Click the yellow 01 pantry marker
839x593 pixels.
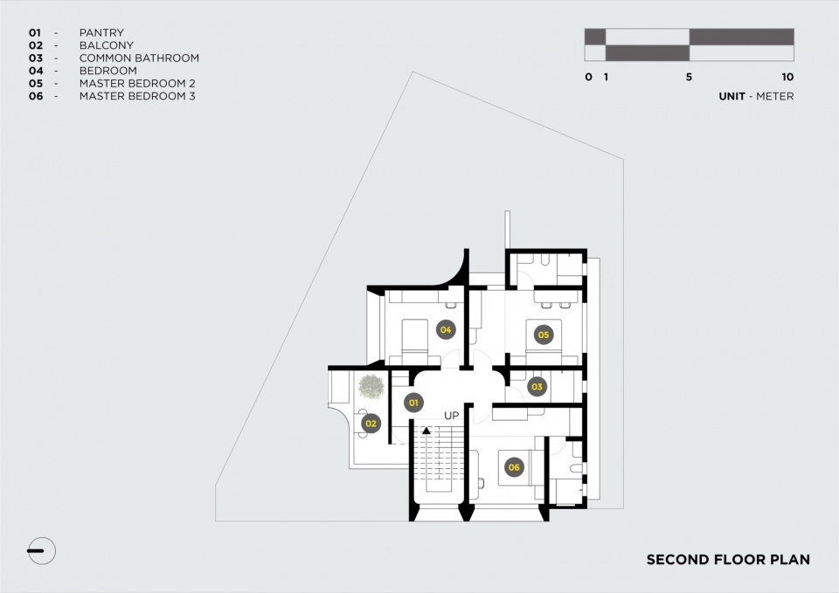413,403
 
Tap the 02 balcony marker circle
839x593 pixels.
371,424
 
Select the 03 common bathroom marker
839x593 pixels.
537,387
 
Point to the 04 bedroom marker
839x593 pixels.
446,330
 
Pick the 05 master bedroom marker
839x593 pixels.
544,334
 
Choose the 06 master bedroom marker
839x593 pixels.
514,467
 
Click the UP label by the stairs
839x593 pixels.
452,416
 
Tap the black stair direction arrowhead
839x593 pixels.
426,430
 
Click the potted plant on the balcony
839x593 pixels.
371,387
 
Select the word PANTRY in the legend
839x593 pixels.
101,32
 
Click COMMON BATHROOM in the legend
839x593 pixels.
139,58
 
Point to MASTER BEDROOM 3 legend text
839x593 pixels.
137,96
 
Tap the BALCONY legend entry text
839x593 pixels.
107,45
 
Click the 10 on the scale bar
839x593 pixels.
787,77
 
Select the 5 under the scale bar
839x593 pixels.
689,77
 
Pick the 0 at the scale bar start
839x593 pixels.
588,77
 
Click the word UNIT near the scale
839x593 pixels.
732,96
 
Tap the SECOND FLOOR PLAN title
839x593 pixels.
728,560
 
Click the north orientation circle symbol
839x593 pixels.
41,551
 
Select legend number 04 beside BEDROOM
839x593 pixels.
36,71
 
